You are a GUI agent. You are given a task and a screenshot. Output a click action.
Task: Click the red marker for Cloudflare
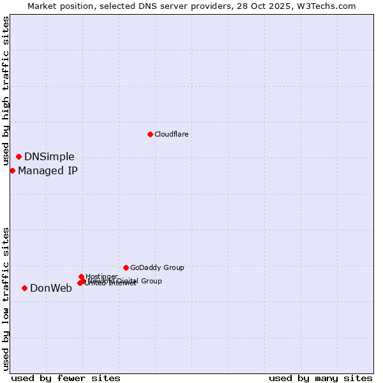pyautogui.click(x=150, y=134)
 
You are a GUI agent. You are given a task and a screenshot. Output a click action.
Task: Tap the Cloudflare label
pyautogui.click(x=171, y=134)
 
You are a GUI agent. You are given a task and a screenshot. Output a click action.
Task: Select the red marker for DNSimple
pyautogui.click(x=19, y=156)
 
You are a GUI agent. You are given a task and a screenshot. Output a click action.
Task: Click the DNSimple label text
pyautogui.click(x=49, y=157)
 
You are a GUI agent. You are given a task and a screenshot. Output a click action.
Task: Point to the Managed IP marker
pyautogui.click(x=12, y=170)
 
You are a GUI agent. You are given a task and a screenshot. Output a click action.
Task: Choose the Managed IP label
pyautogui.click(x=48, y=170)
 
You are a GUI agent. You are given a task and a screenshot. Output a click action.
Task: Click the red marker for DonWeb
pyautogui.click(x=24, y=288)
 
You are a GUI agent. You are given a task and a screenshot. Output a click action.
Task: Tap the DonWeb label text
pyautogui.click(x=51, y=288)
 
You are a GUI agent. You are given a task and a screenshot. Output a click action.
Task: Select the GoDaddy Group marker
pyautogui.click(x=126, y=267)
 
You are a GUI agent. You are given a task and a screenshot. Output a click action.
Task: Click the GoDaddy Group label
pyautogui.click(x=157, y=267)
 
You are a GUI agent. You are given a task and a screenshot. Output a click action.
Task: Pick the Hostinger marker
pyautogui.click(x=81, y=276)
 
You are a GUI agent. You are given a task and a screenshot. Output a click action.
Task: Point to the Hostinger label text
pyautogui.click(x=101, y=276)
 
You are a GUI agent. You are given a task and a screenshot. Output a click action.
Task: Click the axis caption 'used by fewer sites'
pyautogui.click(x=66, y=378)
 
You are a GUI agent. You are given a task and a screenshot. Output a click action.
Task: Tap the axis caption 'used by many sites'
pyautogui.click(x=320, y=378)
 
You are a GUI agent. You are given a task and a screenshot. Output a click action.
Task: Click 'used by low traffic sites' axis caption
pyautogui.click(x=6, y=298)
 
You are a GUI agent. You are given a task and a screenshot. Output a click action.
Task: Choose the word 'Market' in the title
pyautogui.click(x=41, y=6)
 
